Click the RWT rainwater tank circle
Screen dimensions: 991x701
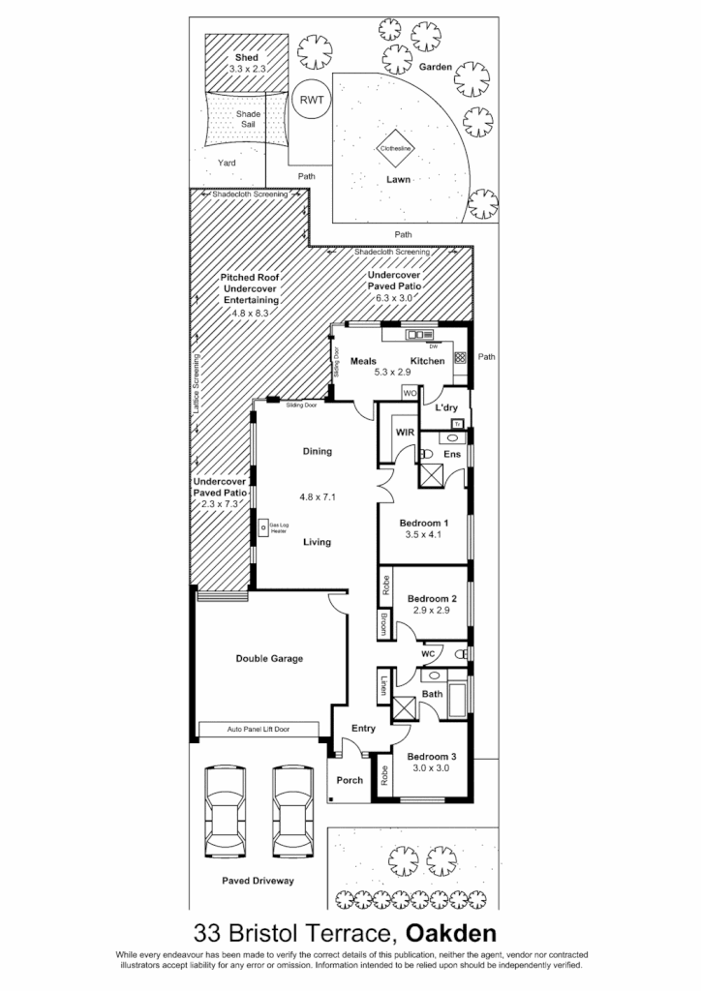point(312,100)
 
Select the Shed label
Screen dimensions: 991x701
point(246,58)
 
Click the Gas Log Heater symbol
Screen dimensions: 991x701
point(263,527)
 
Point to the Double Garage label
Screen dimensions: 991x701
point(269,659)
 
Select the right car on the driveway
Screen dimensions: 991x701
point(292,812)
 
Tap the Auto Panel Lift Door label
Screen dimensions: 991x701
point(259,729)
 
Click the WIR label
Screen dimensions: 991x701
point(405,434)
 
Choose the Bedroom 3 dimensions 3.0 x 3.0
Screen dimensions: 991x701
point(431,770)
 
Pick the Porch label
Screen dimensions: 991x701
point(349,780)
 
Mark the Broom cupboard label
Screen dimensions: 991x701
point(384,623)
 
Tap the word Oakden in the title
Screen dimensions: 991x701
point(451,935)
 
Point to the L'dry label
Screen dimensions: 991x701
point(446,408)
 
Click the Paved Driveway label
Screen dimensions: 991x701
point(258,882)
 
